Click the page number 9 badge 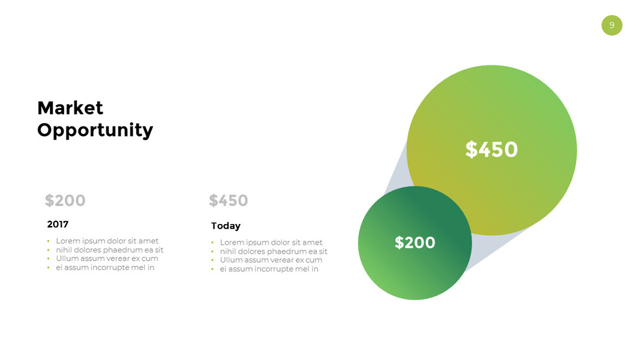coord(611,25)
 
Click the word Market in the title coord(70,107)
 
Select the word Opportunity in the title coord(95,130)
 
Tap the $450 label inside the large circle coord(492,150)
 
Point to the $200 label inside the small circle coord(415,243)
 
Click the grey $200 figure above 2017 coord(65,201)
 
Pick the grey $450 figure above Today coord(228,201)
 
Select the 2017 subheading coord(58,224)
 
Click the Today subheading coord(225,226)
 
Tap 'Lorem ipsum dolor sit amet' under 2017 coord(107,241)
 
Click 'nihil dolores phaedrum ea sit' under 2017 coord(109,250)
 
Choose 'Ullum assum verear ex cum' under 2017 coord(107,258)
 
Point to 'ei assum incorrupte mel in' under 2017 coord(105,267)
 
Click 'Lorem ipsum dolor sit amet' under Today coord(271,243)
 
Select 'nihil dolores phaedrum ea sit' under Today coord(273,252)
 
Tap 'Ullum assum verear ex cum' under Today coord(271,260)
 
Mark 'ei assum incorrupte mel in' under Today coord(269,269)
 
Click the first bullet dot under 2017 coord(48,242)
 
